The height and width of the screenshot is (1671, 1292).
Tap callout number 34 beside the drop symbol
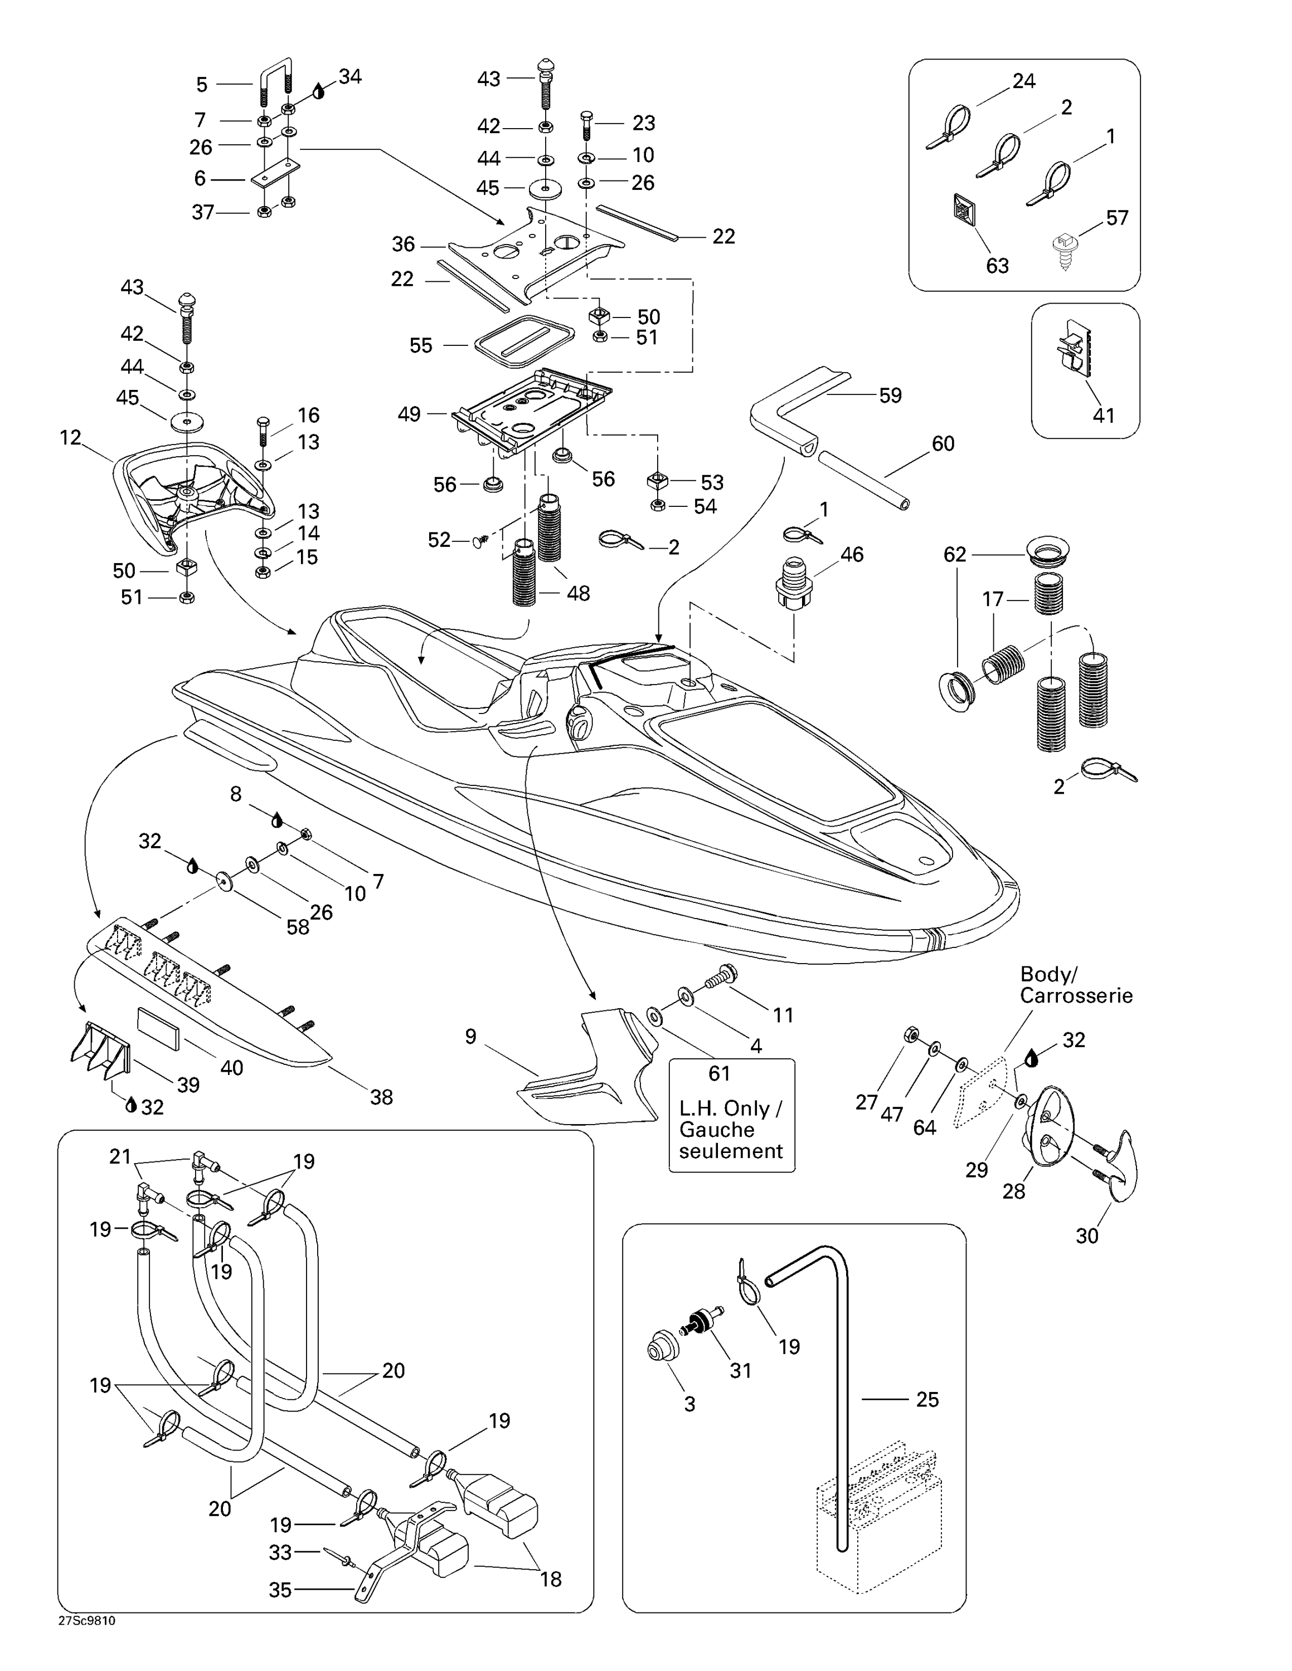[x=350, y=77]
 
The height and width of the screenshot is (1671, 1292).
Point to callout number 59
[x=890, y=395]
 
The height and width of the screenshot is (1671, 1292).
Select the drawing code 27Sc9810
[x=86, y=1620]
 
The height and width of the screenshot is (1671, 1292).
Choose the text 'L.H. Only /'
[x=730, y=1108]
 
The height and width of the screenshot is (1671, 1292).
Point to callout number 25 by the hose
[x=927, y=1399]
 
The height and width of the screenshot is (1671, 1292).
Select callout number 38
[x=381, y=1097]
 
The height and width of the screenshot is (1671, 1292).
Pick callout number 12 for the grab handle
[x=70, y=438]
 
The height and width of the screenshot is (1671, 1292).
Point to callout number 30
[x=1087, y=1235]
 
